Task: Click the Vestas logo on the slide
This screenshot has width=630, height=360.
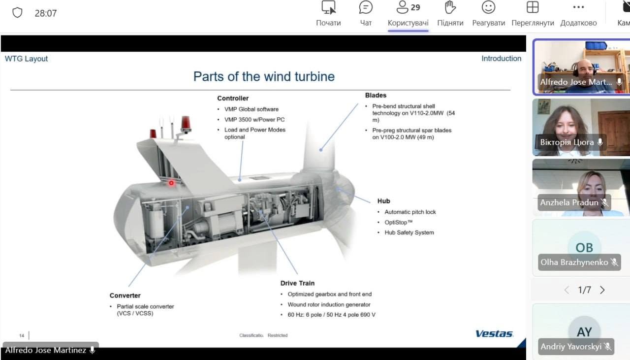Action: coord(495,333)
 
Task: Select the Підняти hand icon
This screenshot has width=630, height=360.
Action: coord(450,7)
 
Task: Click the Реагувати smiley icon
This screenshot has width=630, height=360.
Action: coord(489,7)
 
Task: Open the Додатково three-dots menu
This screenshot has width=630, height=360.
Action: coord(578,7)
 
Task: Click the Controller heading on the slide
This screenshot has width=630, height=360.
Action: coord(233,98)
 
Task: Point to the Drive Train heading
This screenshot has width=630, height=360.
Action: coord(297,283)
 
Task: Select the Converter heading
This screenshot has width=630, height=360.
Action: coord(125,295)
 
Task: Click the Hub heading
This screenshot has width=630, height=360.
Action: coord(383,201)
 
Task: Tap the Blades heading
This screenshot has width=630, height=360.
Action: coord(376,95)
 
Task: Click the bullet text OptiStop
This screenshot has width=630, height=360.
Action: coord(399,223)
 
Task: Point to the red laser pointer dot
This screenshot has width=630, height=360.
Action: coord(171,183)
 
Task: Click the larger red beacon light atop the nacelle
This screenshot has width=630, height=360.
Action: coord(186,124)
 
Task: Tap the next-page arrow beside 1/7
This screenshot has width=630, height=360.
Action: coord(602,290)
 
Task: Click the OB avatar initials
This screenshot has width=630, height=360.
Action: coord(584,248)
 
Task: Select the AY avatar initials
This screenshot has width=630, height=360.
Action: coord(584,332)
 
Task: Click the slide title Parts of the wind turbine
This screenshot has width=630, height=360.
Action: coord(264,76)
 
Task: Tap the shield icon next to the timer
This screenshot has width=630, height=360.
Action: coord(17,13)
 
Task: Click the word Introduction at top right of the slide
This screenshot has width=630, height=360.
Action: coord(501,59)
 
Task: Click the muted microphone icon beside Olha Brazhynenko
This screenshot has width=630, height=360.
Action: coord(615,262)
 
